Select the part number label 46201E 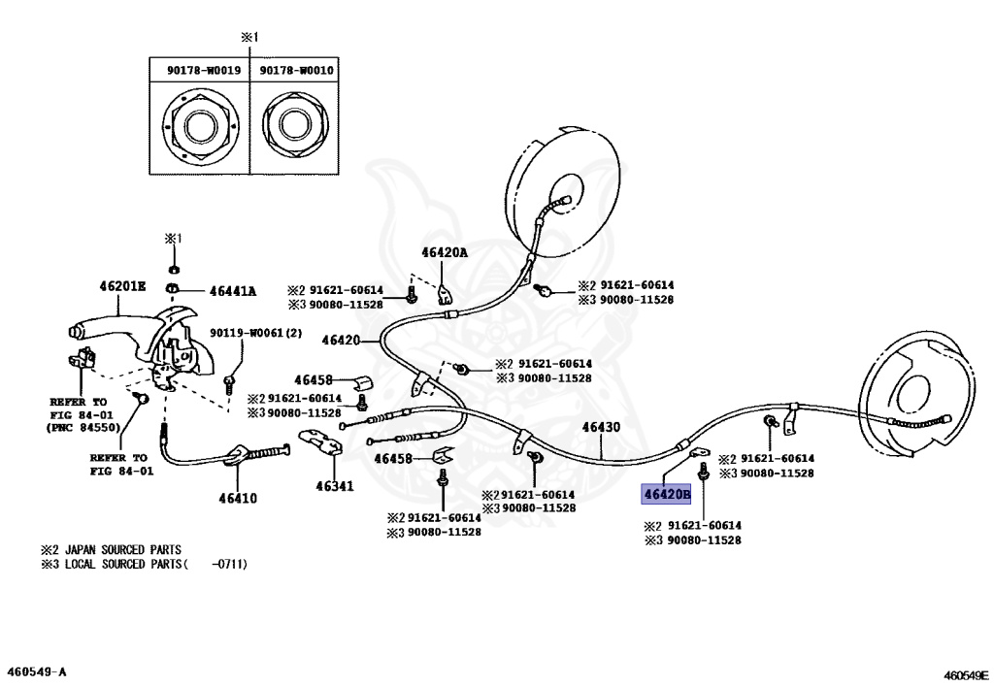coord(121,286)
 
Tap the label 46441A coord(233,290)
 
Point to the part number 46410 coord(237,499)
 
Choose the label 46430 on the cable coord(601,427)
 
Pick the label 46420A coord(445,253)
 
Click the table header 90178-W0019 coord(200,70)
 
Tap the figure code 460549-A coord(37,671)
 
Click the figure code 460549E coord(964,671)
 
